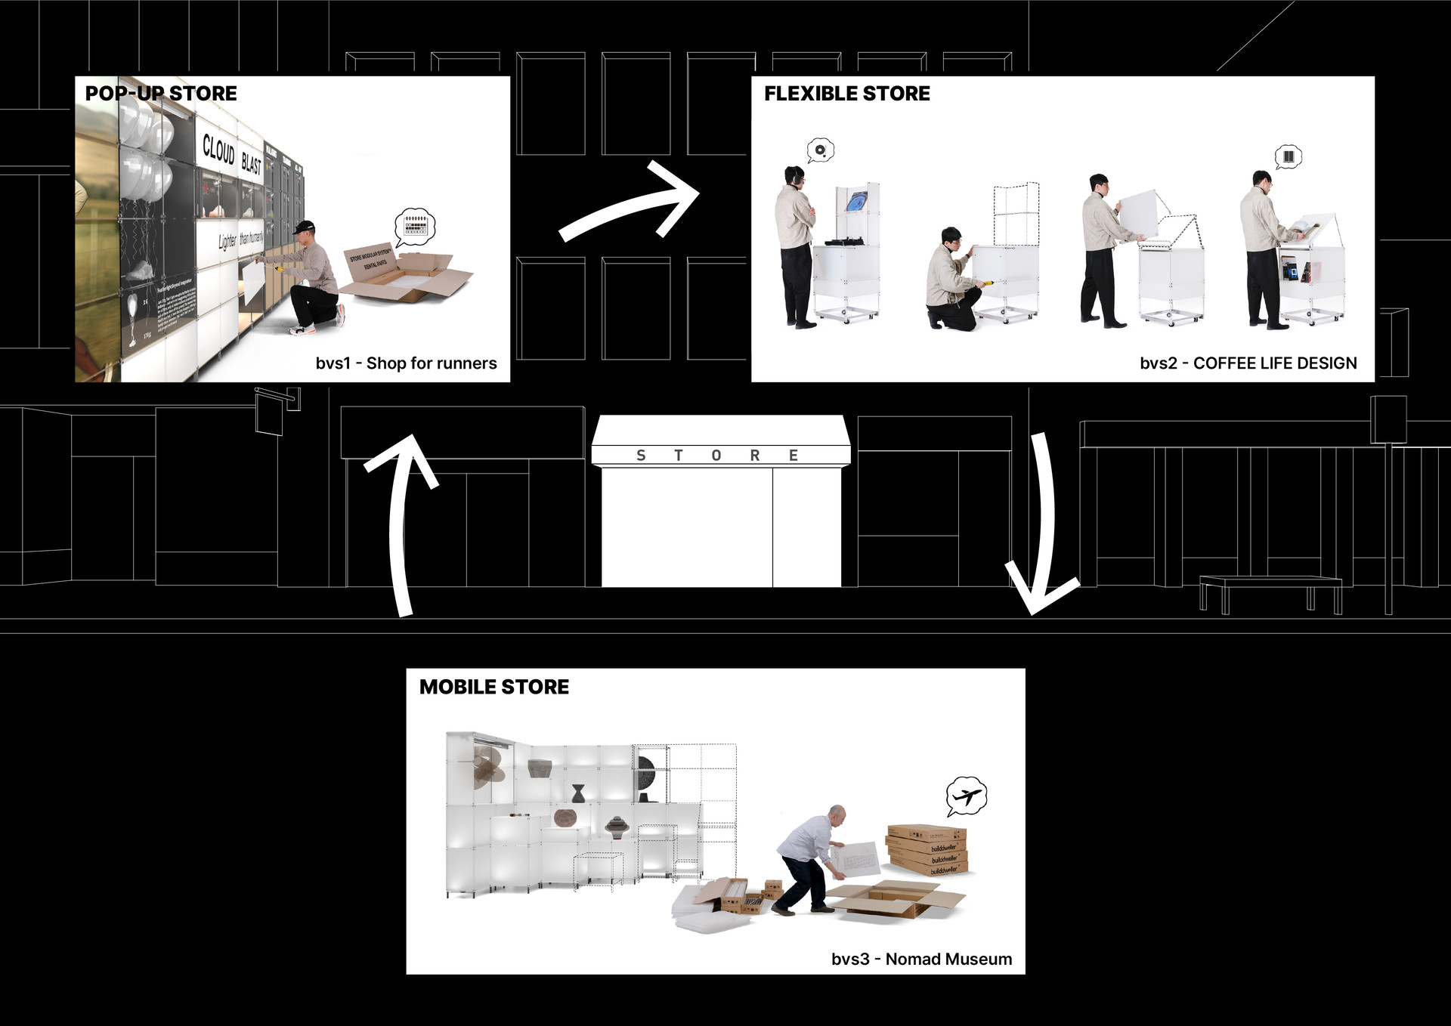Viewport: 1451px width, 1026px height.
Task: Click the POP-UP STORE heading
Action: (161, 94)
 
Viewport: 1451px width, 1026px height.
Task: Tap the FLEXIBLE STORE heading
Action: (846, 94)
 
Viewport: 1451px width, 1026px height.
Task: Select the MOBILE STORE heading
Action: (494, 687)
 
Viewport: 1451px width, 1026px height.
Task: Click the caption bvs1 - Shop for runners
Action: (406, 363)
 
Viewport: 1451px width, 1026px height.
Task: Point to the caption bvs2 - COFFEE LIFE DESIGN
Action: (1248, 363)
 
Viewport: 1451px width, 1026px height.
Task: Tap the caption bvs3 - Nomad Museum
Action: (921, 959)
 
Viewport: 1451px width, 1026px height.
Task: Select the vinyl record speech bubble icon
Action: (820, 150)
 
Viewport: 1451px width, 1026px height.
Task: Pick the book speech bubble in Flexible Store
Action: (1289, 157)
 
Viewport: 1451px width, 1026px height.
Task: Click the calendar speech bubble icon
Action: (415, 226)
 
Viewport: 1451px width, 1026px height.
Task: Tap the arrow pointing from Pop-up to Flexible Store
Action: (631, 202)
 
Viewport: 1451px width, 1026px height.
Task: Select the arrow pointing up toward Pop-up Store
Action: (401, 521)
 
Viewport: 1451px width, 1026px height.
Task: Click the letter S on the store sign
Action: (641, 456)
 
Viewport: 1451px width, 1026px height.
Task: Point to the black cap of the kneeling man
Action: (305, 227)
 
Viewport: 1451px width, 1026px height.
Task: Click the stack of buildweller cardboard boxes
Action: (928, 849)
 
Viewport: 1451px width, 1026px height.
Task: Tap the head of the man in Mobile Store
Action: (836, 814)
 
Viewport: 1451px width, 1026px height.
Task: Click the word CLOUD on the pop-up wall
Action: (218, 149)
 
